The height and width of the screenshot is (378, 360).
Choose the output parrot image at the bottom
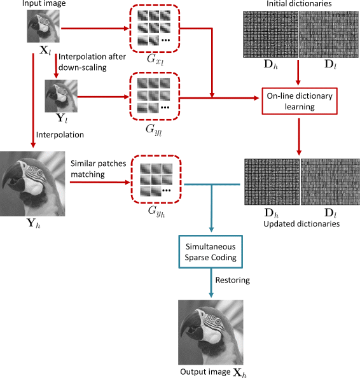coord(211,332)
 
